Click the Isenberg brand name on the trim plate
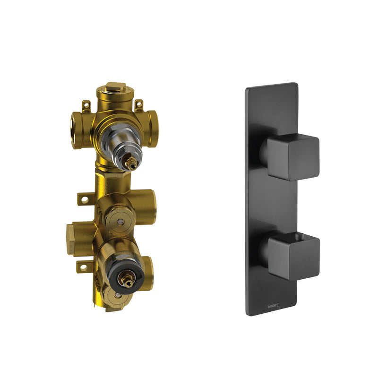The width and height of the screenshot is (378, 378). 271,304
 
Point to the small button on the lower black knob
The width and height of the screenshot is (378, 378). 298,235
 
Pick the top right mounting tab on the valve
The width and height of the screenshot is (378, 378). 138,104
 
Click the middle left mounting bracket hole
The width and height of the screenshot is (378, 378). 85,199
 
